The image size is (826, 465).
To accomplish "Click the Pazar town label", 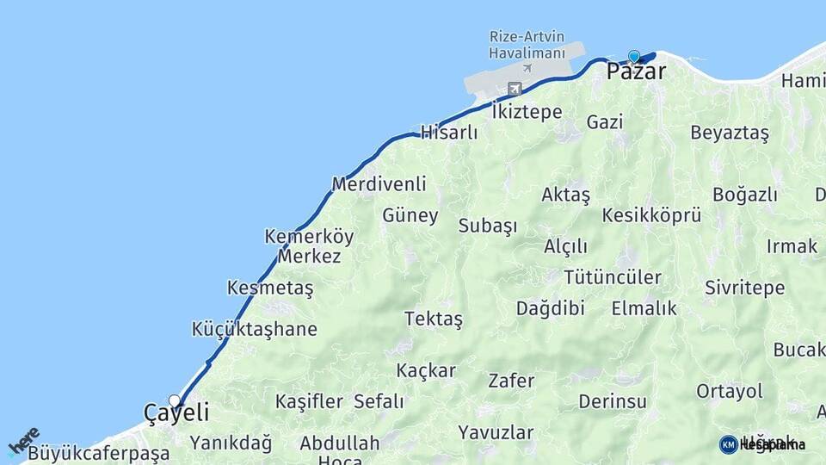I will click(x=636, y=71).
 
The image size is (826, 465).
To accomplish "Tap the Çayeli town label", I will click(x=176, y=413).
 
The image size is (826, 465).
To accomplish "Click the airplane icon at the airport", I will click(x=515, y=88).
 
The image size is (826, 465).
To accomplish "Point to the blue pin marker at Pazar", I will click(x=634, y=57).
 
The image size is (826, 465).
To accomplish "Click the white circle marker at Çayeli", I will click(x=175, y=400).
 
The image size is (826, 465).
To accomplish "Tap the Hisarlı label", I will click(x=448, y=132).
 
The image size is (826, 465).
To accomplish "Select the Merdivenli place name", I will click(x=379, y=183).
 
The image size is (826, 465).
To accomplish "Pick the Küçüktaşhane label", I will click(x=254, y=329).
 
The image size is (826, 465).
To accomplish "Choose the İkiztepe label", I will click(x=527, y=112).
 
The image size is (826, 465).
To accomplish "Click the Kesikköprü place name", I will click(x=651, y=215).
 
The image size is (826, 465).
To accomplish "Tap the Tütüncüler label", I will click(x=613, y=277).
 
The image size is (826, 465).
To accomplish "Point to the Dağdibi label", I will click(x=550, y=308).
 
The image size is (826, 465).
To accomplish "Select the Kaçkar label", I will click(x=426, y=370).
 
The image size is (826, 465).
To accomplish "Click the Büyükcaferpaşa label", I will click(x=98, y=453).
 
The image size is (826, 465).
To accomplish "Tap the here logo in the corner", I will click(x=23, y=440).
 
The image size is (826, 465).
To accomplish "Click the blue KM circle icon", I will click(x=728, y=444).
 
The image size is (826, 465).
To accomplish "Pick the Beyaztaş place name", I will click(x=730, y=133).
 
